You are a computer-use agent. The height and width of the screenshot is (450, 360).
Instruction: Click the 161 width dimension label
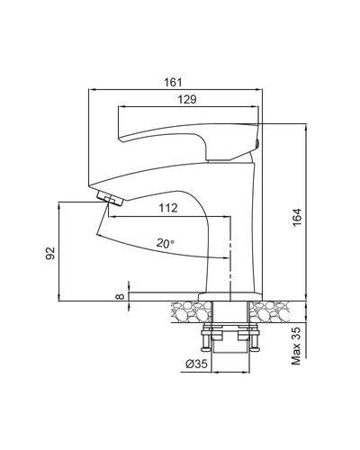point(173,82)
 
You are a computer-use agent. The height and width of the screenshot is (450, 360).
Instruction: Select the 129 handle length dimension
point(187,99)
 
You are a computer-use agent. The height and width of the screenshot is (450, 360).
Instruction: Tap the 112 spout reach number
point(168,208)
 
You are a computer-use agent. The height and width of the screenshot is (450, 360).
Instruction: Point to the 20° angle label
point(165,243)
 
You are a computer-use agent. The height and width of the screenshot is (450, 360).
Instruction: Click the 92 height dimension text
point(50,253)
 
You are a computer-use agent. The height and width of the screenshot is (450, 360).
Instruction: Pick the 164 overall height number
point(296,217)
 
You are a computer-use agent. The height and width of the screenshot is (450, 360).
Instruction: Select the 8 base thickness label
point(120,296)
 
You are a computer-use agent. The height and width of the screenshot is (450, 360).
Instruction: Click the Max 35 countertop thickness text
point(296,346)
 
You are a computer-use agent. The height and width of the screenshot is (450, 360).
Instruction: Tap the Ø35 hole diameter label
point(196,364)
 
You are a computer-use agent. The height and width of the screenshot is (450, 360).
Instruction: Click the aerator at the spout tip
point(110,199)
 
